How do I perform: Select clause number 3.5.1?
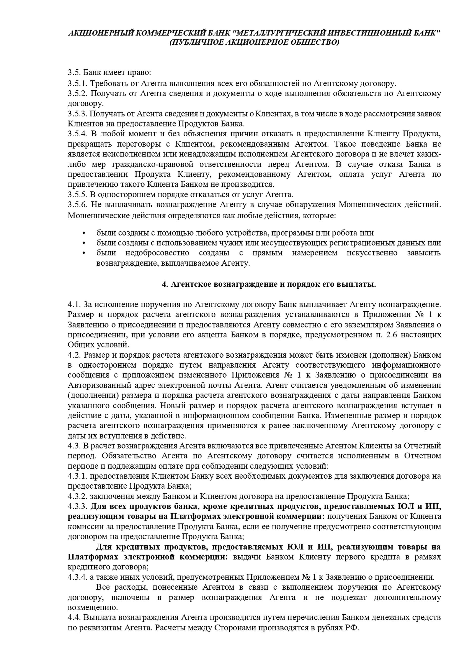pyautogui.click(x=77, y=83)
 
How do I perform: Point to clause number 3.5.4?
pyautogui.click(x=77, y=134)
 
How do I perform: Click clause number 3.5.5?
pyautogui.click(x=77, y=194)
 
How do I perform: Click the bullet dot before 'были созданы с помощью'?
pyautogui.click(x=84, y=233)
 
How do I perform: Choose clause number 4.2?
pyautogui.click(x=74, y=355)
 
